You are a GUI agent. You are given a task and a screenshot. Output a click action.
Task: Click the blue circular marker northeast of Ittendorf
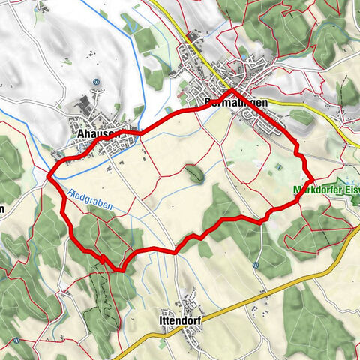(x=256, y=265)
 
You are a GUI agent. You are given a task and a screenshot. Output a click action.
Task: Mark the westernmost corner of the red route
(x=49, y=175)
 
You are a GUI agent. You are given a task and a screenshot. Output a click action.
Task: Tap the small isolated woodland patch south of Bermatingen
(x=196, y=175)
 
